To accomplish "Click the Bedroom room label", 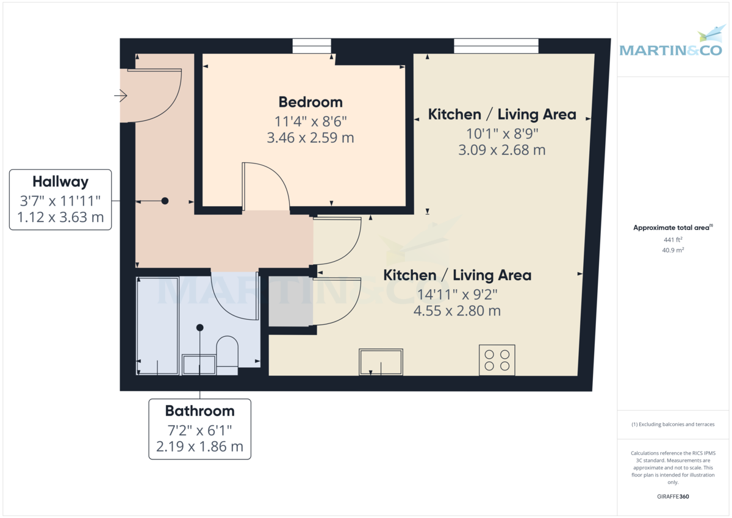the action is [x=310, y=103].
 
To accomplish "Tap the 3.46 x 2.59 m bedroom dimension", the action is [x=310, y=138].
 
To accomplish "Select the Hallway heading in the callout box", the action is [x=60, y=182].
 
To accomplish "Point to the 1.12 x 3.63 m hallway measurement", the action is [x=60, y=217].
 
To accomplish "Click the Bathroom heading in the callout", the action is [x=199, y=411].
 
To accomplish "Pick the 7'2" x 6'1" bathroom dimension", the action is [x=199, y=430].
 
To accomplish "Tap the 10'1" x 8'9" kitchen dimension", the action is [x=502, y=134].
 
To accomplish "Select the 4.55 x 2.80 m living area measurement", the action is [x=457, y=311].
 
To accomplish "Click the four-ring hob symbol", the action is [x=497, y=360].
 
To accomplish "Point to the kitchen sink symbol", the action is [x=381, y=362].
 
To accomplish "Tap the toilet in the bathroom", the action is [x=227, y=355].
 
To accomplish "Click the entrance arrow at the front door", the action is [x=121, y=96].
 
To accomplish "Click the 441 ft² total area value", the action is [x=673, y=240].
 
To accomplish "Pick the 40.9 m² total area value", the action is [x=673, y=250].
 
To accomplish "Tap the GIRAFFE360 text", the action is [x=673, y=497].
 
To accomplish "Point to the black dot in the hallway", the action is [x=165, y=201].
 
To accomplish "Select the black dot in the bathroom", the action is [x=200, y=328].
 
